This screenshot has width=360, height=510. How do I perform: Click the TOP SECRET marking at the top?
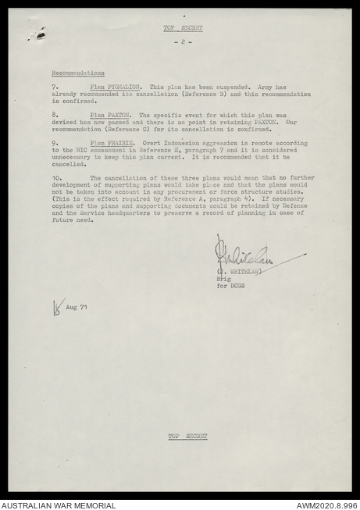tap(183, 27)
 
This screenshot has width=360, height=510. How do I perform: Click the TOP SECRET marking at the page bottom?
tap(187, 436)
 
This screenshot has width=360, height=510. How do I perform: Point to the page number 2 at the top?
tap(183, 41)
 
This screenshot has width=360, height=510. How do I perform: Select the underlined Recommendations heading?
tap(78, 72)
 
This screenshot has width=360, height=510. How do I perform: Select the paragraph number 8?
tap(55, 114)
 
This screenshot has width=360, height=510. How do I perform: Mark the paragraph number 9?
tap(55, 143)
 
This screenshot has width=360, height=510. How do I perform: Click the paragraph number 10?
tap(56, 177)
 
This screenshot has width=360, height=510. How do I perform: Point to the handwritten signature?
tap(246, 255)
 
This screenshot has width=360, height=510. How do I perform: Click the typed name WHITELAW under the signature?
tap(239, 272)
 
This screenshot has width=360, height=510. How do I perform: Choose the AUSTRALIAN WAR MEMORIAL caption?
tap(58, 505)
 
